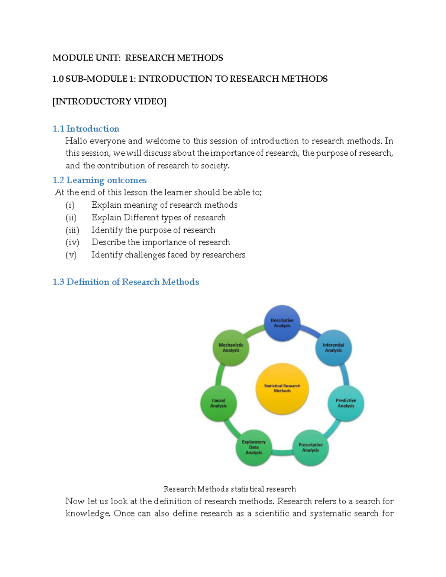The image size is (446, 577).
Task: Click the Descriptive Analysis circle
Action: tap(282, 323)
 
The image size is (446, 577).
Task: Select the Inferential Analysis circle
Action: tap(333, 348)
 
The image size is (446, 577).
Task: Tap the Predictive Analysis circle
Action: tap(346, 403)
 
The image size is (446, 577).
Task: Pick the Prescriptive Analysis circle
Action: tap(310, 447)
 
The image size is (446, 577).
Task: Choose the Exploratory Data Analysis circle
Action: tap(254, 447)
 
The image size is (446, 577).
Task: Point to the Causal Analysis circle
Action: tap(219, 403)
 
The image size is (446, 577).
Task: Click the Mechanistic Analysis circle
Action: tap(231, 348)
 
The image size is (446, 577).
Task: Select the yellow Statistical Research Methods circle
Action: tap(282, 388)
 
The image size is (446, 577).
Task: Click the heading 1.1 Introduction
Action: tap(86, 129)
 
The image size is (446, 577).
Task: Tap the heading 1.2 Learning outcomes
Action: tap(100, 180)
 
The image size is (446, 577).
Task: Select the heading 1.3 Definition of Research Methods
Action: tap(126, 282)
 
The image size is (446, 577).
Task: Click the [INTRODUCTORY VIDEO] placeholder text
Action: tap(109, 101)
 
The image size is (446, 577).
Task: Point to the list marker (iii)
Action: tap(72, 230)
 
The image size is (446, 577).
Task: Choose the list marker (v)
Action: tap(71, 255)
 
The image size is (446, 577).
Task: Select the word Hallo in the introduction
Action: tap(76, 141)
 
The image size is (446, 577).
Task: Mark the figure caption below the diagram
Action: tap(230, 489)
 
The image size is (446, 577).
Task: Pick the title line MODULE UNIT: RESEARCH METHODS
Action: tap(138, 58)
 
